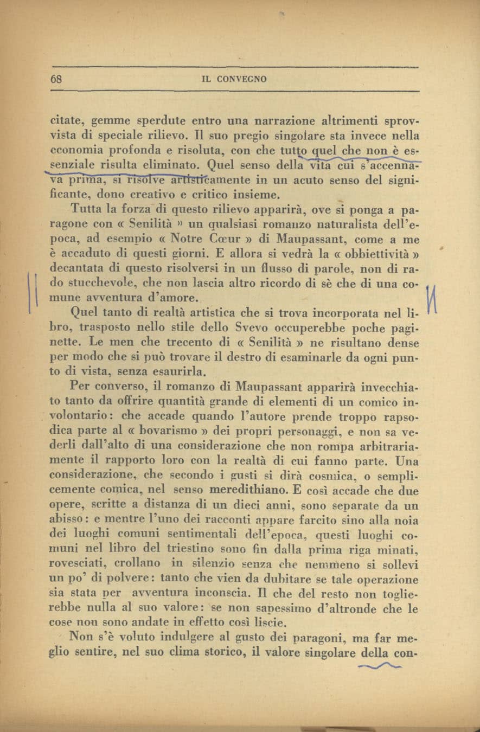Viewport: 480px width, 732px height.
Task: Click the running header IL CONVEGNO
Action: tap(234, 79)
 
